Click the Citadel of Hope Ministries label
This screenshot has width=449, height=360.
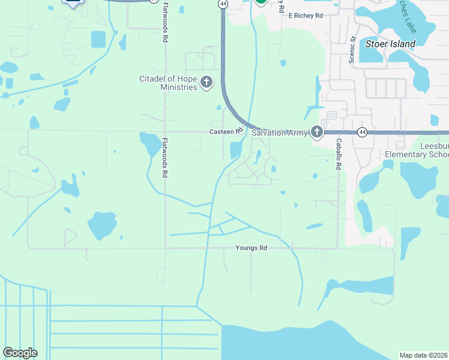coord(168,83)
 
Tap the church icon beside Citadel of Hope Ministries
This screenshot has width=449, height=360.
coord(206,82)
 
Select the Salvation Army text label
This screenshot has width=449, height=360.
coord(280,132)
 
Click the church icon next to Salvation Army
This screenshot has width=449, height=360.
coord(316,132)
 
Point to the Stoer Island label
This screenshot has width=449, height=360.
coord(390,44)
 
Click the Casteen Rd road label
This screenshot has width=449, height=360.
coord(226,131)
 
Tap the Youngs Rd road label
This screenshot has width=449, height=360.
coord(251,248)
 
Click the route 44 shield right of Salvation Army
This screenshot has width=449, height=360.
coord(362,132)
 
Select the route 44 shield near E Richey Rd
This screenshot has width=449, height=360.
coord(223,4)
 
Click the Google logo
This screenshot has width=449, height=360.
coord(20,353)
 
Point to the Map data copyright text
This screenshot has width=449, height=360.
coord(423,355)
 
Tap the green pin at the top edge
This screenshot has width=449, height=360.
coord(261,2)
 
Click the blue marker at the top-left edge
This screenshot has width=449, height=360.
coord(73,2)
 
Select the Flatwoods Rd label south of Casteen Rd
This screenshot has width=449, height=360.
coord(164,157)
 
